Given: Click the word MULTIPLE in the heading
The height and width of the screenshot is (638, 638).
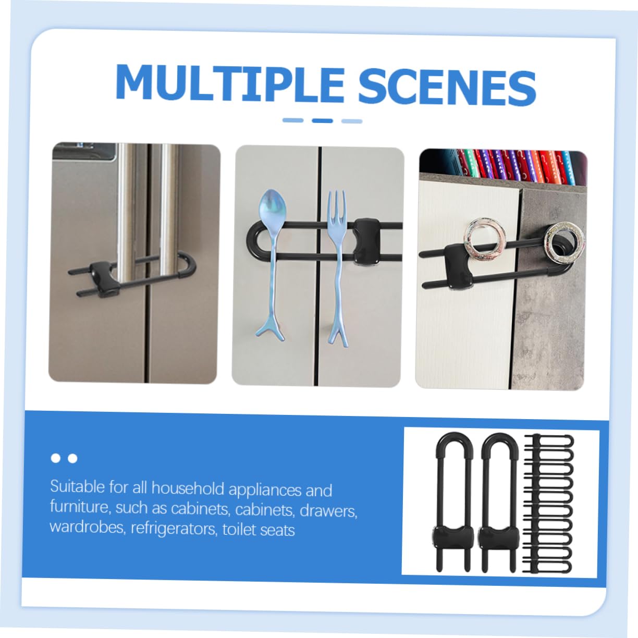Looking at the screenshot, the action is coord(229,84).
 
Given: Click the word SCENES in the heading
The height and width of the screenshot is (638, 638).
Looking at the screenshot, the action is coord(447,87).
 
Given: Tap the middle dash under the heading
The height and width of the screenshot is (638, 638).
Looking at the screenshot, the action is coord(322,121).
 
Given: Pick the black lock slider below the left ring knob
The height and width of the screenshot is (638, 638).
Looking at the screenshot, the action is coord(458,265).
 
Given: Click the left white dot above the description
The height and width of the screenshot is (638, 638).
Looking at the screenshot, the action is coord(56,458).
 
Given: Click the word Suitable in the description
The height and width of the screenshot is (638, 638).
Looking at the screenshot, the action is coord(77,487).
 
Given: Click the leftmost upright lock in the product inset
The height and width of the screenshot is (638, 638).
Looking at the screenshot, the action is coord(452,502).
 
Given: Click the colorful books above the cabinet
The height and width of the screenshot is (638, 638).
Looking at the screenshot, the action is coord(517,167).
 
